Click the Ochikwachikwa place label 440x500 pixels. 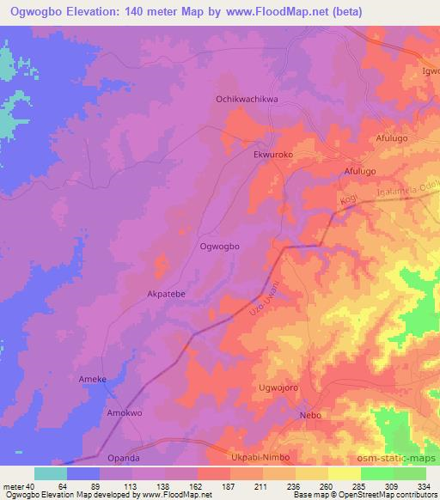pyautogui.click(x=245, y=99)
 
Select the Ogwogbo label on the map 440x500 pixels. pyautogui.click(x=219, y=246)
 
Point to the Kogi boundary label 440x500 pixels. pyautogui.click(x=347, y=202)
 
